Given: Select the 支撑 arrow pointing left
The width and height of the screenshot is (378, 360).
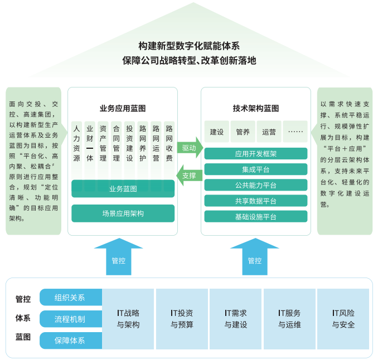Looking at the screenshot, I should coord(189,176).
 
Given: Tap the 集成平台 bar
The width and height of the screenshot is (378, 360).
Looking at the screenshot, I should coord(256,169).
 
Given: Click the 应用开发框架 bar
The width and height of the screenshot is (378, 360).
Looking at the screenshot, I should coord(256,154).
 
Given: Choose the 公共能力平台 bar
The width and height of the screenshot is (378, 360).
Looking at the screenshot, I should coord(256,185).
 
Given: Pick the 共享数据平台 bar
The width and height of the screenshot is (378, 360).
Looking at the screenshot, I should coord(256,201).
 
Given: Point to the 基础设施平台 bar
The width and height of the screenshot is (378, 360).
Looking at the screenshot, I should coord(256,216).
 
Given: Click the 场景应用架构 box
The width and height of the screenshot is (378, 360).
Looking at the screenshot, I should coord(123,213).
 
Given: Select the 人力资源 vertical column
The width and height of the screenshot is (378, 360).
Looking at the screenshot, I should coord(76,145).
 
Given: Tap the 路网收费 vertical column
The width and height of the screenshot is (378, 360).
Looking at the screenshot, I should coord(169,145).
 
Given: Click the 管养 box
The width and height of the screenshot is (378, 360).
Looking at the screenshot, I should coord(243,132).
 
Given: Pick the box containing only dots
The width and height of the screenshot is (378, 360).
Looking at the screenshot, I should coord(295,132).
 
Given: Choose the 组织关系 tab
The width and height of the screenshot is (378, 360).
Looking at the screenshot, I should coord(70,298).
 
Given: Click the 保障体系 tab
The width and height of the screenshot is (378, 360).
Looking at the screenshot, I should coord(70,340).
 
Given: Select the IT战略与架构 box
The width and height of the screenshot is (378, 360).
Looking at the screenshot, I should coord(128,319).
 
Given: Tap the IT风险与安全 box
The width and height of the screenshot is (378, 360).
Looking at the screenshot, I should coord(343,319).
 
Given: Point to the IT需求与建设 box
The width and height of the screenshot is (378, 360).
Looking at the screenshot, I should coord(235,319).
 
